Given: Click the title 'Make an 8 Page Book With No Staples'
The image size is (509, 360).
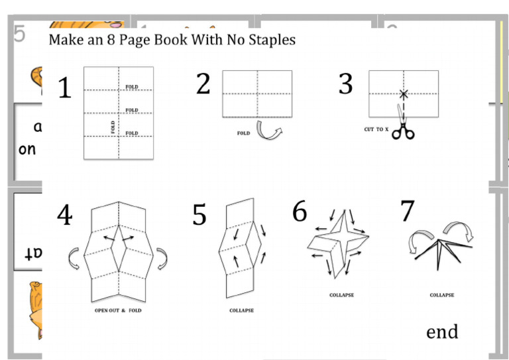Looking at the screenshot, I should (x=172, y=40).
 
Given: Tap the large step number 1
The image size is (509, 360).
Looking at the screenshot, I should (x=64, y=89).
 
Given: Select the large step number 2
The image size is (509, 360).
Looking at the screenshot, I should (x=203, y=84).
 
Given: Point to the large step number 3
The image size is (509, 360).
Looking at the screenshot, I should (x=345, y=85).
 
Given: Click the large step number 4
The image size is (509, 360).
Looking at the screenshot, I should (x=64, y=215).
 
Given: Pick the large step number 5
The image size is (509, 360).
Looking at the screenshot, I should (x=199, y=215).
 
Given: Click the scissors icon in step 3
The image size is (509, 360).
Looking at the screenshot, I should (x=402, y=129).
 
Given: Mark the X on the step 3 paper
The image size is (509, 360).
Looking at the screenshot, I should (x=403, y=94).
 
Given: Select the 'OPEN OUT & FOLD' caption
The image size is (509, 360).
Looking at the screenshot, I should (x=118, y=310).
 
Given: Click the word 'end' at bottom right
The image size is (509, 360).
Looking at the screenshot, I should (x=442, y=331).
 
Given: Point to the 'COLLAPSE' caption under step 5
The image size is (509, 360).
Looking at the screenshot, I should (x=241, y=310).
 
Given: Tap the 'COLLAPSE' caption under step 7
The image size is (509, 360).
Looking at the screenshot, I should (x=441, y=295).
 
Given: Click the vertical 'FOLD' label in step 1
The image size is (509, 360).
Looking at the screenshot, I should (x=113, y=127).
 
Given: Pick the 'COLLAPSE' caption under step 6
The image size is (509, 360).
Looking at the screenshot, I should (x=341, y=295).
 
